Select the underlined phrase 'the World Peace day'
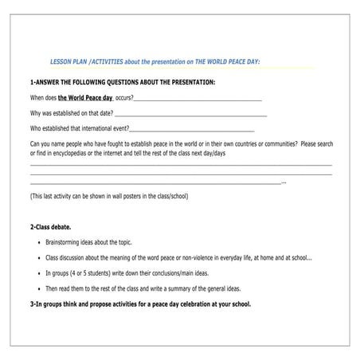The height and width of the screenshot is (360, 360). [84, 98]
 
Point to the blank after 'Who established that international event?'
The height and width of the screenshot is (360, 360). [191, 130]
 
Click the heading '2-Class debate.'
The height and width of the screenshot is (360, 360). [55, 227]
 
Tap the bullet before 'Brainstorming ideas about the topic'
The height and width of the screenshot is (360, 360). [40, 242]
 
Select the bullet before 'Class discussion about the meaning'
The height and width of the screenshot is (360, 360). [40, 257]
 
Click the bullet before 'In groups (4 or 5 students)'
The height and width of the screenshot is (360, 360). [40, 273]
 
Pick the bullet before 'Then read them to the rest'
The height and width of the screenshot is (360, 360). [40, 288]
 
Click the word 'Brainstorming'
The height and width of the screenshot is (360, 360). [67, 242]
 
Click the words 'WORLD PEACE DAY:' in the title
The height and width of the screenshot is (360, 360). [232, 61]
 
